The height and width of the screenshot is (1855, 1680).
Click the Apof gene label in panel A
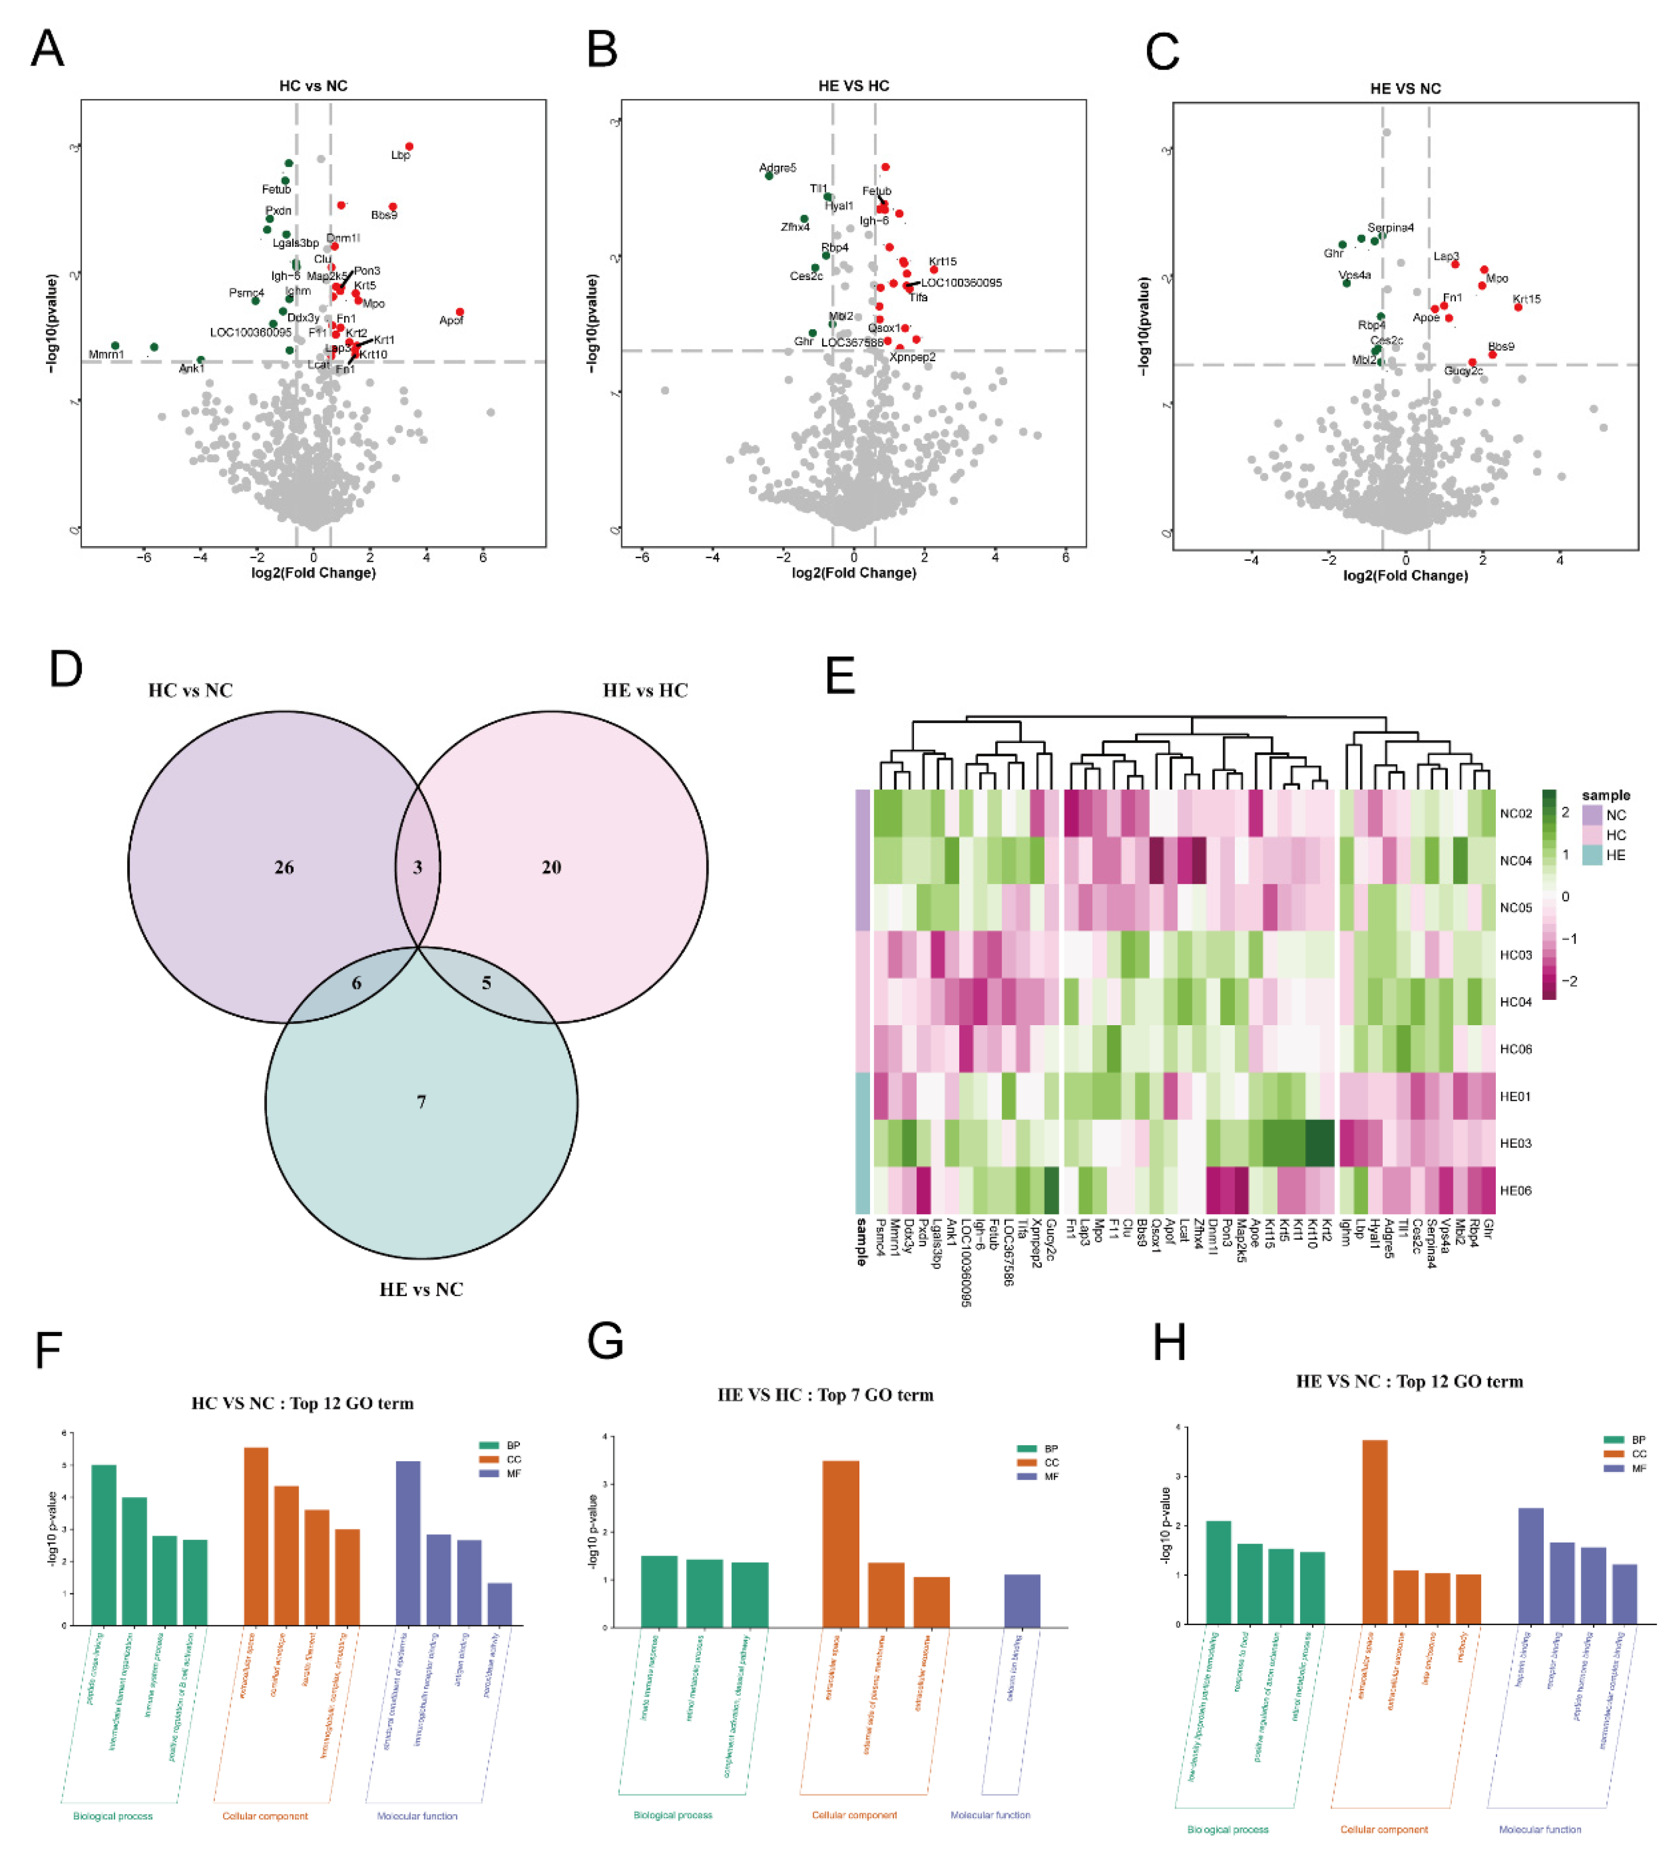(451, 320)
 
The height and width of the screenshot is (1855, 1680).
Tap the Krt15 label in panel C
(1527, 299)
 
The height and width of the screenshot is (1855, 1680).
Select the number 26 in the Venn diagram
(284, 867)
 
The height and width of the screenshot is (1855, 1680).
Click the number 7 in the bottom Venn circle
(421, 1101)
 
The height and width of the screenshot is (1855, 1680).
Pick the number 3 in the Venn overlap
(418, 867)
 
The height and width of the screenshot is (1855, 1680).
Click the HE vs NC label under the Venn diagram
(421, 1289)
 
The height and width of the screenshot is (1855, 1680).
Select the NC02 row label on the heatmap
(1515, 813)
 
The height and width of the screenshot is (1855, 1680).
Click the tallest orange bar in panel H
(1375, 1531)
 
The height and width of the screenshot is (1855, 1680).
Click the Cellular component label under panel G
(854, 1815)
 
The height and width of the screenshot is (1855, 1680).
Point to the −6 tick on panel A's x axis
(144, 558)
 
